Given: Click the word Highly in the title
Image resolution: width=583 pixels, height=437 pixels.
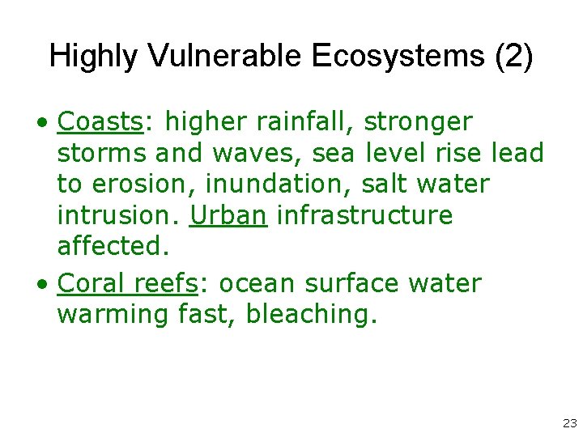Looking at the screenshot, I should (95, 56).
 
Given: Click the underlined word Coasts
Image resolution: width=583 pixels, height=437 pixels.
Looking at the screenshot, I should (100, 122).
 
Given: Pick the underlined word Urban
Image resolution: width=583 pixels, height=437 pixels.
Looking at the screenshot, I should (228, 215).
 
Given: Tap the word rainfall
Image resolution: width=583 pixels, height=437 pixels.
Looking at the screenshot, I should (304, 122).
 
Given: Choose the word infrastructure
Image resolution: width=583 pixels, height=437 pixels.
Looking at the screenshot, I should (364, 215).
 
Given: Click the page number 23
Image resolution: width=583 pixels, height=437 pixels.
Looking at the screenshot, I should (568, 423).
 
